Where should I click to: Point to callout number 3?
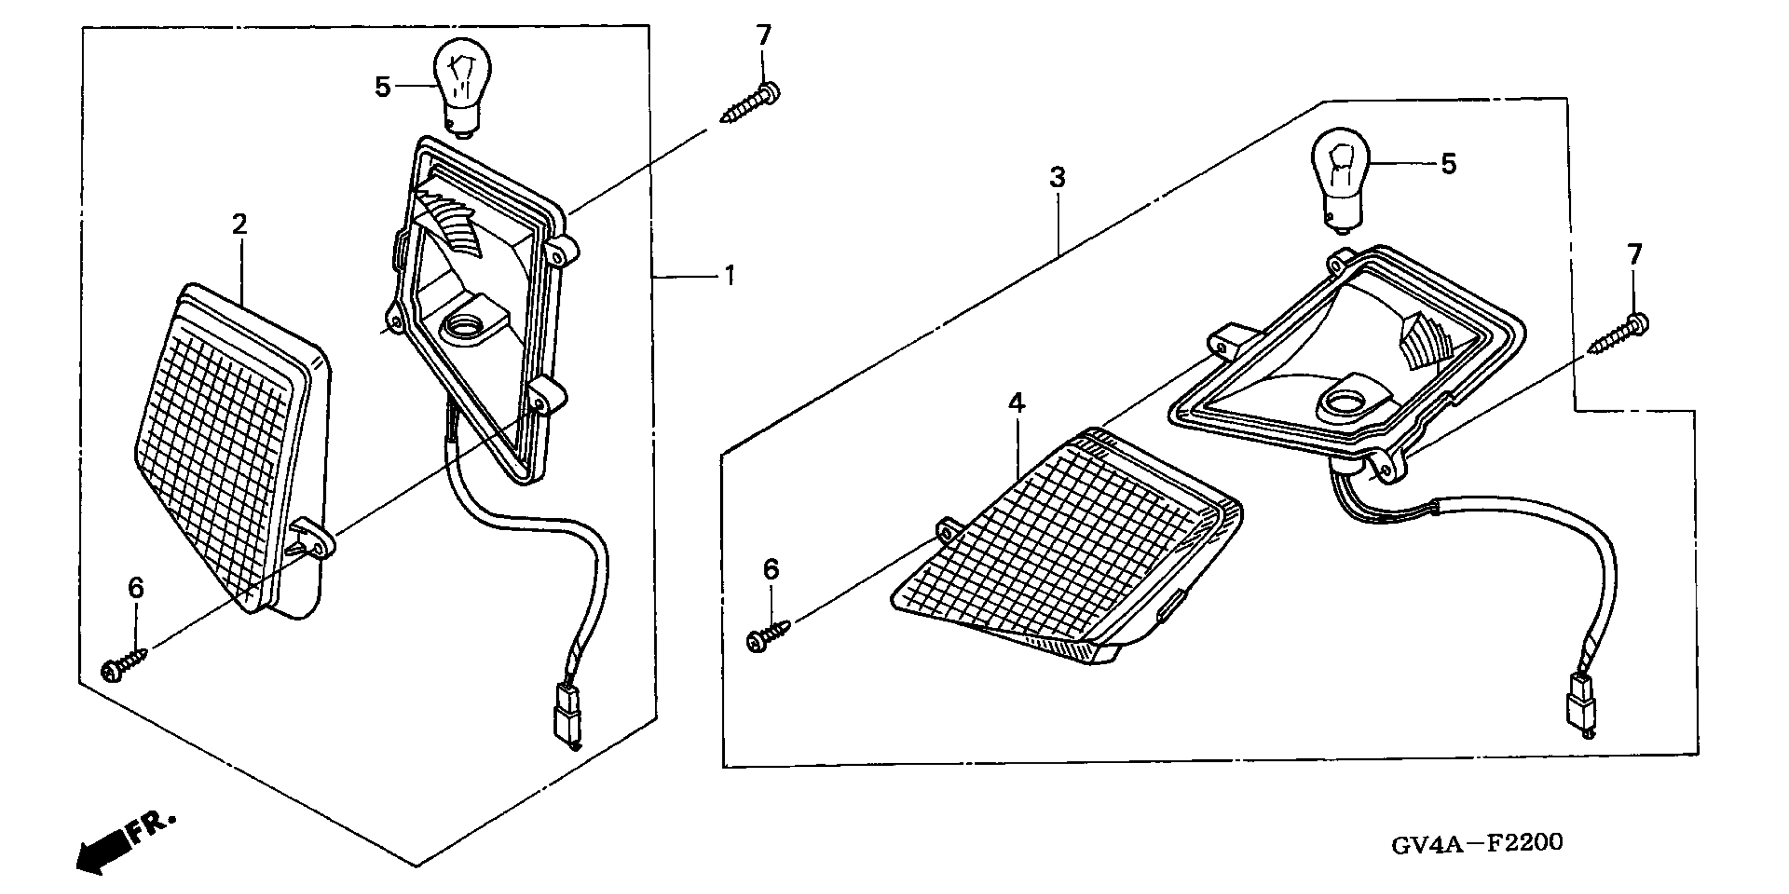point(1057,178)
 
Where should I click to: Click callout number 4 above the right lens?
point(1017,403)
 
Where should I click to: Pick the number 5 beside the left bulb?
point(383,87)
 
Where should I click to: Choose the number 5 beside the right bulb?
point(1449,165)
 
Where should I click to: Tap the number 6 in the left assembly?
point(136,588)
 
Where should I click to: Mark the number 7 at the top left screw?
point(764,35)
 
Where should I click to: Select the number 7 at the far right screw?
point(1635,255)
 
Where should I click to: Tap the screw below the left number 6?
point(125,663)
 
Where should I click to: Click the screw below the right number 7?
point(1619,336)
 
